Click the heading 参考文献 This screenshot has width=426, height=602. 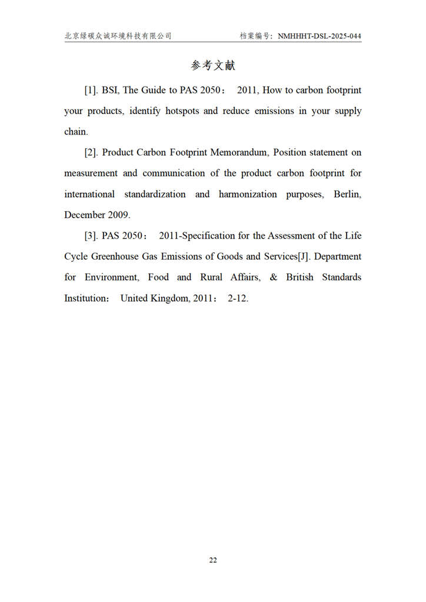(213, 65)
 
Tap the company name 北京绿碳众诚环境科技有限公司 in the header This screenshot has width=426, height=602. (118, 36)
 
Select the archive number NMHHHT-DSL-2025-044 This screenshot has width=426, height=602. (319, 36)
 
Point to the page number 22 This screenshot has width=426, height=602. (213, 560)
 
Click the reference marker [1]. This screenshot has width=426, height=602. (91, 91)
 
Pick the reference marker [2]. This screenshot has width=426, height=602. (91, 153)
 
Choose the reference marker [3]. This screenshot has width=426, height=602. (91, 236)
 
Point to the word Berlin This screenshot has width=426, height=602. (347, 194)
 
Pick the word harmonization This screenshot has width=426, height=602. (248, 194)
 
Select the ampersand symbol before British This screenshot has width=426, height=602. (273, 277)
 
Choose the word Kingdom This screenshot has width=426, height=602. (170, 298)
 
